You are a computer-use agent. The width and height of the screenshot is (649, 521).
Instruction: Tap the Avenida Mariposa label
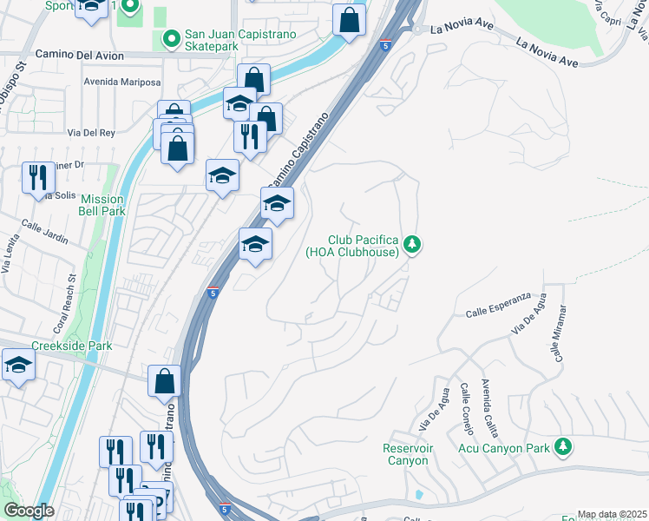(x=122, y=82)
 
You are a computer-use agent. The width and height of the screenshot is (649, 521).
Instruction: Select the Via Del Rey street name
(x=91, y=133)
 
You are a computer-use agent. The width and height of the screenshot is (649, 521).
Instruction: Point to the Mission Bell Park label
(x=102, y=205)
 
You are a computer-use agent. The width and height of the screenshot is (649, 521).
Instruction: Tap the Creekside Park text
(x=72, y=346)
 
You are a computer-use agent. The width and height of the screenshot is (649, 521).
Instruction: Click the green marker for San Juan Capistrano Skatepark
(x=170, y=39)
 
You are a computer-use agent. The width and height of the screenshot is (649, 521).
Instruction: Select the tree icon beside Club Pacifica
(x=413, y=246)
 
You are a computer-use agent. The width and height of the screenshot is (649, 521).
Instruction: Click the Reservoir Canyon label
(x=406, y=454)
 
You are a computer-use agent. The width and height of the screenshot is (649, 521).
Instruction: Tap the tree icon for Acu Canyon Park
(x=564, y=447)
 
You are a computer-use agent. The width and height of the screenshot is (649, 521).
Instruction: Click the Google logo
(x=29, y=510)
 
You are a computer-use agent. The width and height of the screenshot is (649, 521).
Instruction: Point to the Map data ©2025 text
(x=612, y=514)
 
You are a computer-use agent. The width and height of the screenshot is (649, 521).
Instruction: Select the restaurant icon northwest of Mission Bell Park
(x=38, y=177)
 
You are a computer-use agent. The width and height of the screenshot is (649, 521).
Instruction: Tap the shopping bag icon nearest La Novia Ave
(x=349, y=20)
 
